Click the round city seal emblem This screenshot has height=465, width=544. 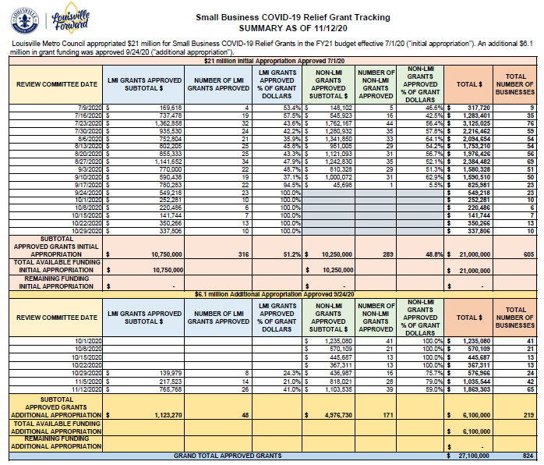click(x=23, y=18)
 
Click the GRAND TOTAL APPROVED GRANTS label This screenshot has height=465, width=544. click(x=228, y=455)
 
